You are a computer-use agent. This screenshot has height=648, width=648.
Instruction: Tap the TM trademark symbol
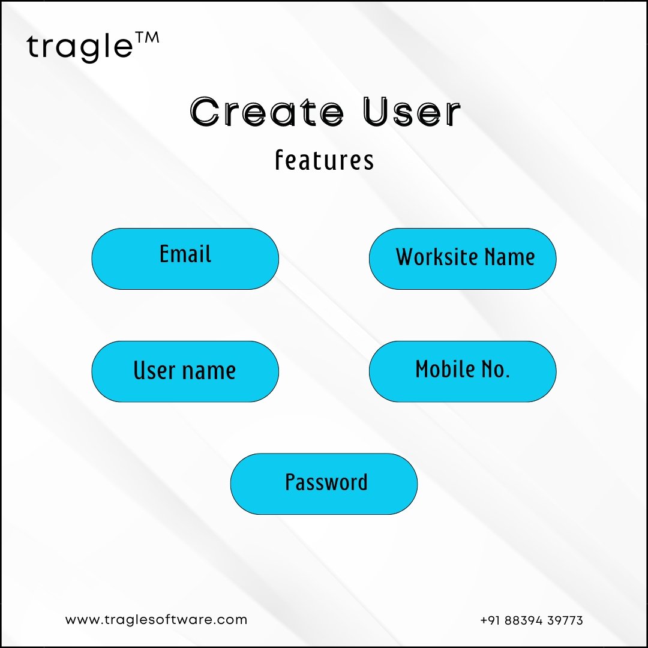pos(147,38)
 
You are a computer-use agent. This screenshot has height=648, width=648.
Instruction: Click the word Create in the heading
pos(267,112)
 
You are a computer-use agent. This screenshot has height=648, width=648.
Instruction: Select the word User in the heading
pos(412,112)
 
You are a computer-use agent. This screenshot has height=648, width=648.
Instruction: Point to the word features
pos(325,160)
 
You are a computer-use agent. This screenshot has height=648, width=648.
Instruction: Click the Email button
pos(185,259)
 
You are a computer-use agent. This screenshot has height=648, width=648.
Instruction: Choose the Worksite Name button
pos(463,259)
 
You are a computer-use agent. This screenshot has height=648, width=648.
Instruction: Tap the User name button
pos(185,371)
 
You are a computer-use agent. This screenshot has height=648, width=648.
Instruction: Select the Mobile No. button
pos(463,371)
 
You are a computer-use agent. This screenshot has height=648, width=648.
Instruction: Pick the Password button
pos(324,484)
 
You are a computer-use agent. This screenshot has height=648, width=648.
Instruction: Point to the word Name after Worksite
pos(510,257)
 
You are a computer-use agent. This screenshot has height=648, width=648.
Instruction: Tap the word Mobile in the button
pos(439,368)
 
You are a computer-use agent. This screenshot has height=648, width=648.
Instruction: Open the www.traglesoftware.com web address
pos(156,619)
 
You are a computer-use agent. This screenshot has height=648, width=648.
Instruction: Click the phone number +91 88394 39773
pos(532,620)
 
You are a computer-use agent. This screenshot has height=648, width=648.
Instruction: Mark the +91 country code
pos(491,620)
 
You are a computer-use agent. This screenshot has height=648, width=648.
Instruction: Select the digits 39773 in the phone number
pos(565,620)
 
